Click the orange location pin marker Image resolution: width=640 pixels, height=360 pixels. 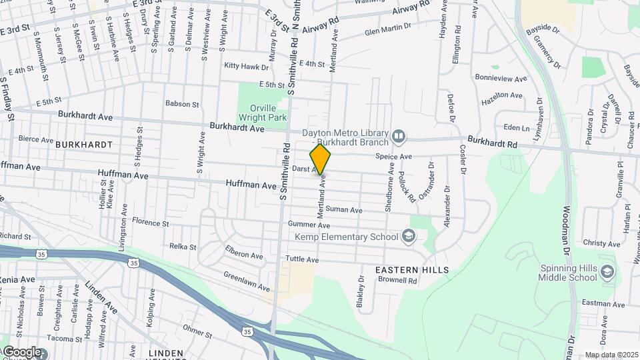coord(321,159)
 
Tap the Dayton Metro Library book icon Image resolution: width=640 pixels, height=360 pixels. coord(399,137)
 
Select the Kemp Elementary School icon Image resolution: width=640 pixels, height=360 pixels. coord(408,237)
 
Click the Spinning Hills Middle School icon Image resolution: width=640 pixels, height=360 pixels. coord(607,273)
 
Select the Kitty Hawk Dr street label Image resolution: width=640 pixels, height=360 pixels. coord(246,67)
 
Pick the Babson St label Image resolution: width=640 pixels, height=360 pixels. coord(182,104)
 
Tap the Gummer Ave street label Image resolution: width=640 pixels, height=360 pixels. coord(309,225)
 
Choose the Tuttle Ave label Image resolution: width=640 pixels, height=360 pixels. coord(302,259)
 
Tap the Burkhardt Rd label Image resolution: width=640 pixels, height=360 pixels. coord(492,143)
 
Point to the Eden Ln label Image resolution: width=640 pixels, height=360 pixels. coord(517,127)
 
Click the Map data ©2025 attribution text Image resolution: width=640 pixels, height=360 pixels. coord(611,355)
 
